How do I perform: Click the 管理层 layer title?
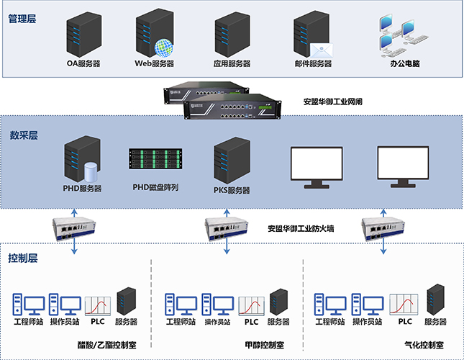tap(23, 19)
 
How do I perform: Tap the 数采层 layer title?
tap(23, 135)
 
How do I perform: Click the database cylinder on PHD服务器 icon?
tap(91, 172)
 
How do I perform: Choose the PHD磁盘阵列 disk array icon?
tap(155, 164)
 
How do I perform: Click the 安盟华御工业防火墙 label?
tap(306, 229)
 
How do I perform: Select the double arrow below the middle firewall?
tap(228, 246)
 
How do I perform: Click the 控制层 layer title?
tap(23, 258)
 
